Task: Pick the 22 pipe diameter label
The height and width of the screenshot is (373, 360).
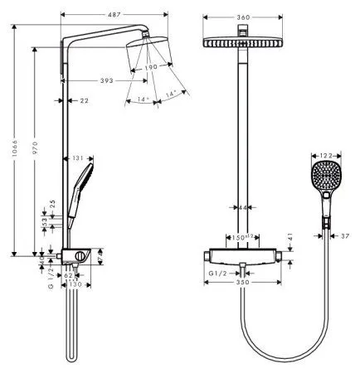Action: point(84,101)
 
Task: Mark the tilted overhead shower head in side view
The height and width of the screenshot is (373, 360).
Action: point(149,53)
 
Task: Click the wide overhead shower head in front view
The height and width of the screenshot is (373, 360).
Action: point(243,41)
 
